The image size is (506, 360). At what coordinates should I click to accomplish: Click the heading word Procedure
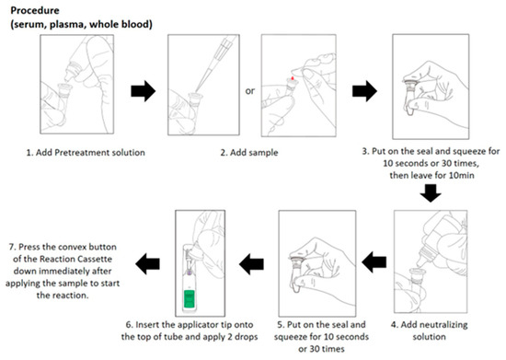pos(35,10)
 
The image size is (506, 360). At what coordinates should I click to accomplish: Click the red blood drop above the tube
pos(293,78)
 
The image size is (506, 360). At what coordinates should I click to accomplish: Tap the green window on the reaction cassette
pos(190,298)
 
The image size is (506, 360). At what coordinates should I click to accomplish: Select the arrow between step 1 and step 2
pos(144,91)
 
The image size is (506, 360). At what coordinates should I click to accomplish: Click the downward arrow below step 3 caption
pos(431,193)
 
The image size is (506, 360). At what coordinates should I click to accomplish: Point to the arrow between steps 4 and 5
pos(374,261)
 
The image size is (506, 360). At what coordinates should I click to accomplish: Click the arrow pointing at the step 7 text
pos(147,263)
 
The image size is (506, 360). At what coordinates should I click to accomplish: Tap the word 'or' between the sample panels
pos(250,91)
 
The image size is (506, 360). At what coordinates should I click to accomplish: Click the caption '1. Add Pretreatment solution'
pos(86,153)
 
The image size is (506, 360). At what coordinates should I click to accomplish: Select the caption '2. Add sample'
pos(249,153)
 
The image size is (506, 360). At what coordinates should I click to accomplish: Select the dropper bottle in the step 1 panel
pos(74,69)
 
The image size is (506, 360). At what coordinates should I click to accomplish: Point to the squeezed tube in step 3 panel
pos(411,97)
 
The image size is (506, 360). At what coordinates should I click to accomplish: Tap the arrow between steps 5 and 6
pos(251,263)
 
